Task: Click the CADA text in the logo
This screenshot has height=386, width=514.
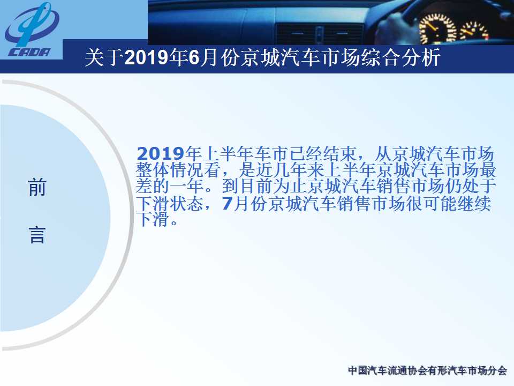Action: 29,52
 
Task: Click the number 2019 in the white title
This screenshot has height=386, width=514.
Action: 146,57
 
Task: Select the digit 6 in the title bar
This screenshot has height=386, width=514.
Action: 194,57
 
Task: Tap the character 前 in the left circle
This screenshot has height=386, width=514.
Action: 37,187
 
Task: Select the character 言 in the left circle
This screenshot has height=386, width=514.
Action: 37,235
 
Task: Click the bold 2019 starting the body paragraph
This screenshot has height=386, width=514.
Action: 161,154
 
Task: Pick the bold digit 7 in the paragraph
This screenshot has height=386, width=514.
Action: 227,203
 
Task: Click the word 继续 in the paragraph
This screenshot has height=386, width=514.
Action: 474,203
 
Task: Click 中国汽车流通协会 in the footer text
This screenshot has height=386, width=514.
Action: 388,370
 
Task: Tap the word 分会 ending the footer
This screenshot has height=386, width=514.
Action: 497,370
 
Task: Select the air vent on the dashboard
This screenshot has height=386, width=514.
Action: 319,33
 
